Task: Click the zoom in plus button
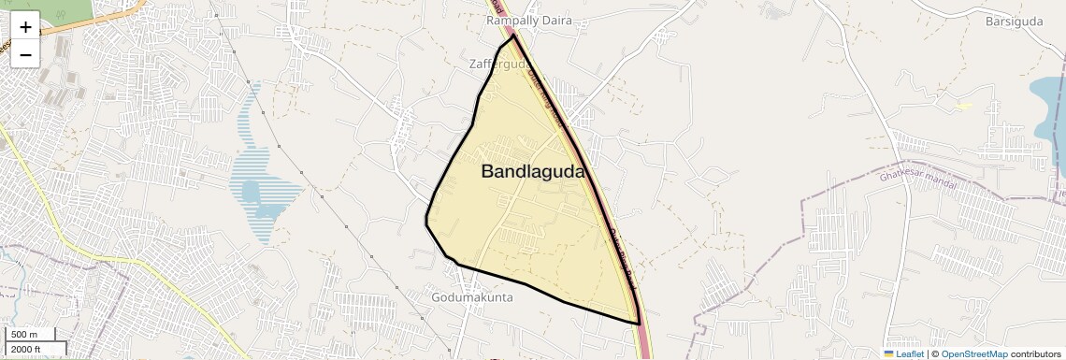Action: pos(25,27)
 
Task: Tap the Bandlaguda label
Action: pos(532,172)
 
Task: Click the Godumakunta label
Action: pos(472,297)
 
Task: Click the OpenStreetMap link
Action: pos(974,353)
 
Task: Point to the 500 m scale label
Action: pos(25,335)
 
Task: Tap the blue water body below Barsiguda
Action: pos(1047,98)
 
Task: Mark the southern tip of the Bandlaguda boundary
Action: pos(639,324)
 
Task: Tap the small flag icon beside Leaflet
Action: pos(888,353)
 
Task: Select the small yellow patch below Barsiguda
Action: pos(964,106)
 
